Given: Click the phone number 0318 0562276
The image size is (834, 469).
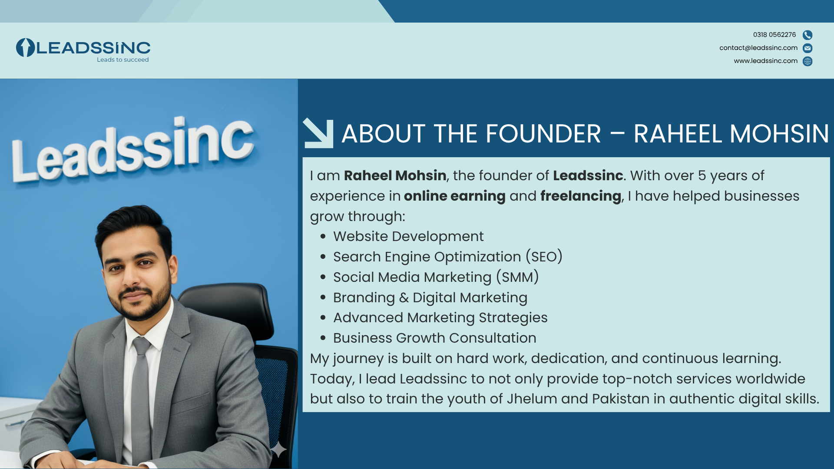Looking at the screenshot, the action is click(x=774, y=35).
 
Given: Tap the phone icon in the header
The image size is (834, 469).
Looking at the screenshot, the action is click(x=808, y=35).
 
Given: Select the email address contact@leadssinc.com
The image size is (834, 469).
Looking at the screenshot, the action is click(x=758, y=48).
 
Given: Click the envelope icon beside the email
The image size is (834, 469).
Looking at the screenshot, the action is click(x=808, y=48).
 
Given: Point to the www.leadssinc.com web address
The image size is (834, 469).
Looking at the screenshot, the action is click(x=766, y=61).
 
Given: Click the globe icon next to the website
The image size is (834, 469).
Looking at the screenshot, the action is click(x=808, y=61).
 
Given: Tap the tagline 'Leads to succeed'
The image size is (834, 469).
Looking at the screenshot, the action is click(x=123, y=60).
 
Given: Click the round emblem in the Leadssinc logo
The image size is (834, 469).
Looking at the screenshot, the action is click(x=25, y=48).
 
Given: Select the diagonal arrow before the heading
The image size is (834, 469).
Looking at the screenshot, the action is click(x=318, y=133).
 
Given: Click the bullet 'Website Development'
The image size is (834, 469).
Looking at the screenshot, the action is click(x=408, y=236).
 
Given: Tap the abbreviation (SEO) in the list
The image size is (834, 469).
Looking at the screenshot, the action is click(x=544, y=257).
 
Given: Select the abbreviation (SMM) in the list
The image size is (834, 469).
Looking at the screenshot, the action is click(x=517, y=277).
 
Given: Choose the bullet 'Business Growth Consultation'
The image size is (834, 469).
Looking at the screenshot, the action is click(x=434, y=338).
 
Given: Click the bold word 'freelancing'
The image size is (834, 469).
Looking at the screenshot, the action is click(x=581, y=196).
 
